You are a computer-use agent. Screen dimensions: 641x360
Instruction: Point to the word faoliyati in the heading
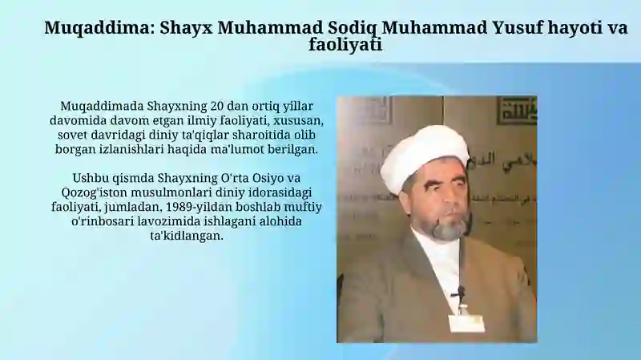point(345,44)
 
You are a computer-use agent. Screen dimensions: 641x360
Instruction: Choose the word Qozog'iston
point(94,192)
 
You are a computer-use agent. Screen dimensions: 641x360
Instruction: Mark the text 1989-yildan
point(171,207)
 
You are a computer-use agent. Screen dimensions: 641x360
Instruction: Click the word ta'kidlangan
point(187,236)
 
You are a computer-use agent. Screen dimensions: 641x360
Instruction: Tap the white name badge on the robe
point(466,323)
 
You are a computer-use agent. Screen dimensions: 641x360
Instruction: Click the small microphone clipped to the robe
point(461,292)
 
